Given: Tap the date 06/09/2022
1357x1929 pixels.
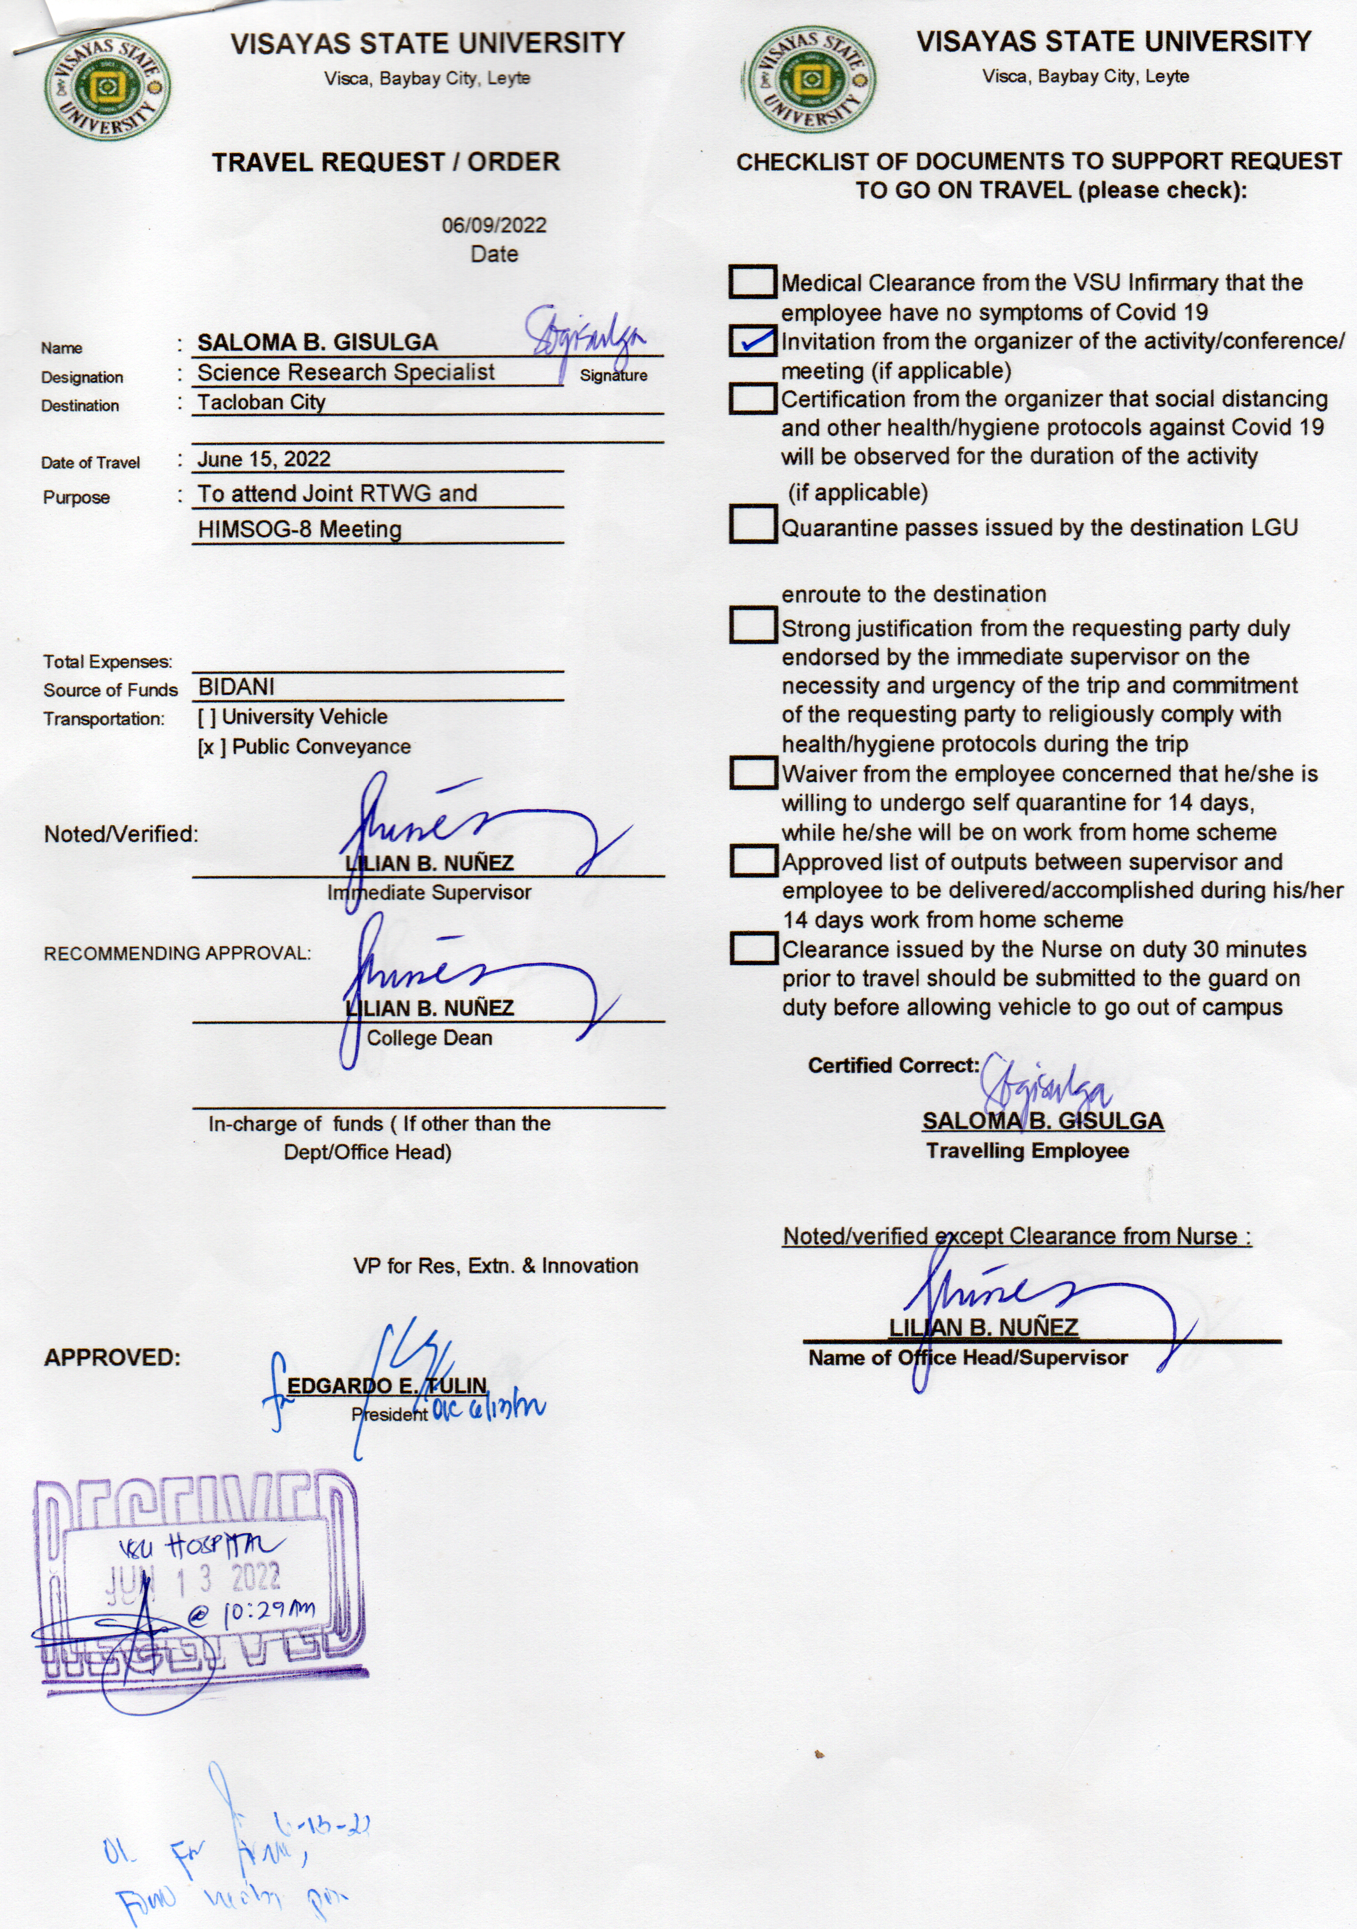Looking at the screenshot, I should tap(494, 225).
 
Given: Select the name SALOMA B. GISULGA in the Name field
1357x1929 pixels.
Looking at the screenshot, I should tap(318, 342).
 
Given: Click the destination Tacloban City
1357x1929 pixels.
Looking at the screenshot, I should tap(261, 402).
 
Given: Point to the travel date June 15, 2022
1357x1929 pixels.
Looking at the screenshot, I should tap(264, 459).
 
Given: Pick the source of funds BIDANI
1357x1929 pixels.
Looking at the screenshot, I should tap(236, 687).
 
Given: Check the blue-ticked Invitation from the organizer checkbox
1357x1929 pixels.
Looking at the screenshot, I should tap(752, 341).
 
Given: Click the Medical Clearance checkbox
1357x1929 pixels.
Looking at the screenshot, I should tap(752, 282).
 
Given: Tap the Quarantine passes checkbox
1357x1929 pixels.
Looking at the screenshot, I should tap(752, 524).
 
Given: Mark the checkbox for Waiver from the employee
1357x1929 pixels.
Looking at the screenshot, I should tap(752, 773).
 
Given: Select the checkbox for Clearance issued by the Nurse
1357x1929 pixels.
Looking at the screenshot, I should tap(752, 949).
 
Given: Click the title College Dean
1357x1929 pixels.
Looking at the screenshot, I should tap(429, 1038).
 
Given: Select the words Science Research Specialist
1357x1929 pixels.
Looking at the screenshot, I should tap(346, 372).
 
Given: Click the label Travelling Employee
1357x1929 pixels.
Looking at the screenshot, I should tap(1027, 1151).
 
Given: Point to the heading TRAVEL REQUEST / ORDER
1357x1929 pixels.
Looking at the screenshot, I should tap(386, 162).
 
